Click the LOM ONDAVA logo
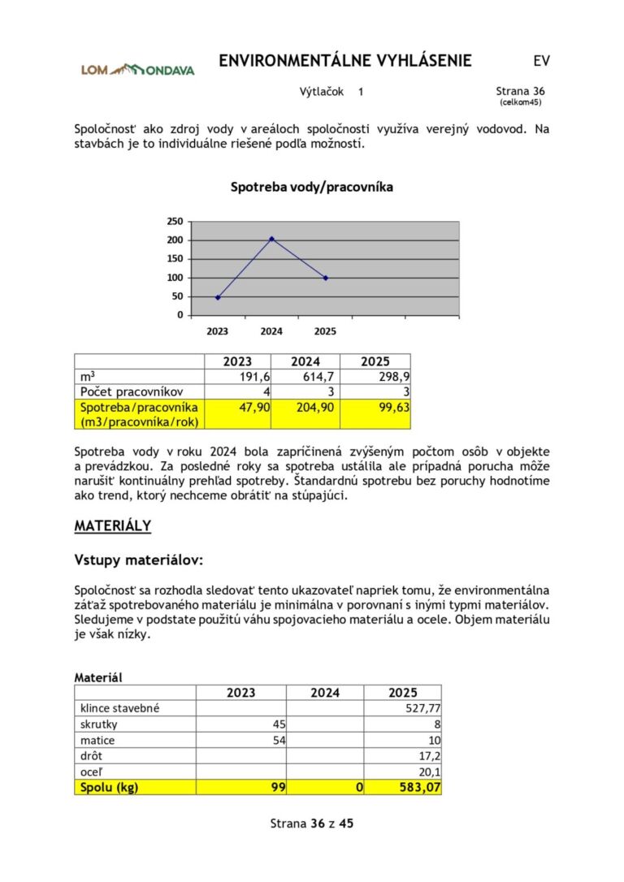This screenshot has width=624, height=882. tap(137, 70)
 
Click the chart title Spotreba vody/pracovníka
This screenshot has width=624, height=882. tap(312, 187)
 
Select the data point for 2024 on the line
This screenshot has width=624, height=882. tap(271, 239)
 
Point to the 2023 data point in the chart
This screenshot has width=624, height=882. tap(218, 297)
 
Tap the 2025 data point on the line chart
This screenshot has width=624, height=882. tap(326, 278)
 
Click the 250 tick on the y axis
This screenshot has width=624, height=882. tap(175, 221)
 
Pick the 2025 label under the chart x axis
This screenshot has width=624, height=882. tap(325, 331)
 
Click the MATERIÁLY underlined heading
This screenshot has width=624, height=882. tap(113, 525)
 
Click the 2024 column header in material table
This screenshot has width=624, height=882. tap(324, 692)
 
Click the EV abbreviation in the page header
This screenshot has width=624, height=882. tap(542, 61)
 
